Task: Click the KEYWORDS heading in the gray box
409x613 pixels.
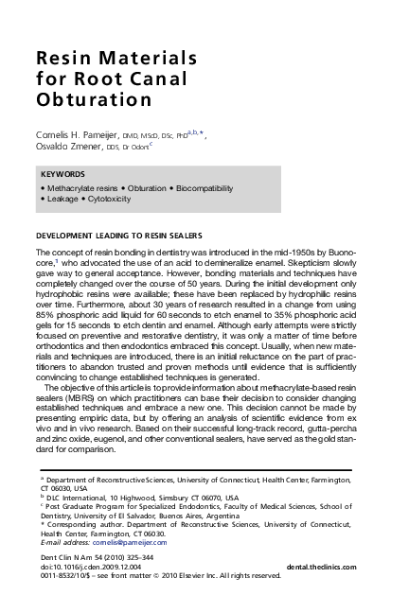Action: (63, 175)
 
